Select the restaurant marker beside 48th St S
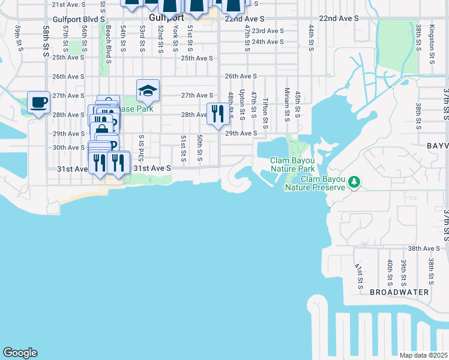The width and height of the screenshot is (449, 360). [217, 113]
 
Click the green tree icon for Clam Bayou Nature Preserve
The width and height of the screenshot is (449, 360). [354, 181]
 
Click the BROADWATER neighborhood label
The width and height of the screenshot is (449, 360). [399, 292]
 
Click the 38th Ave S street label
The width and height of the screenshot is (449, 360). [424, 248]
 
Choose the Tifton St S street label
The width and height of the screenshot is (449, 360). [265, 107]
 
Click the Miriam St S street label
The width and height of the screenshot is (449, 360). [287, 103]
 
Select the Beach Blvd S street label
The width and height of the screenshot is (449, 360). [109, 44]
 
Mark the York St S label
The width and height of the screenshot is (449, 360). [175, 38]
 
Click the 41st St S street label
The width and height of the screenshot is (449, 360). [358, 275]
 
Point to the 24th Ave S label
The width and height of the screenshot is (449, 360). [268, 42]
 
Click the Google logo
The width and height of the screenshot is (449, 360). [20, 353]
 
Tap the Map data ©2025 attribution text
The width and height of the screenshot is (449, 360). [423, 355]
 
